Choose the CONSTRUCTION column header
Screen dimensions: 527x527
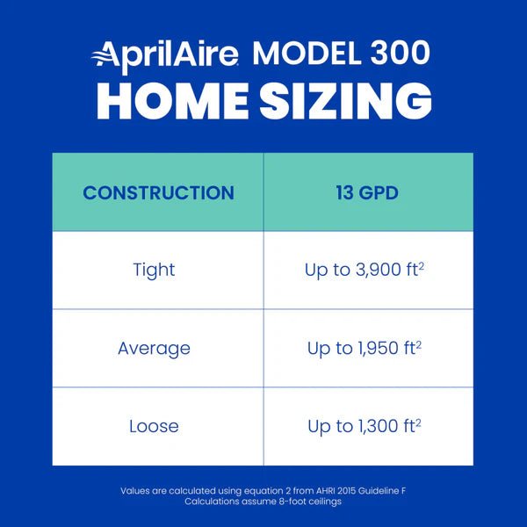(x=158, y=192)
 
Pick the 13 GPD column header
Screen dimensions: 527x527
(x=367, y=192)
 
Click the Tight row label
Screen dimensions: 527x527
(x=154, y=270)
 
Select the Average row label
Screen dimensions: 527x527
(x=154, y=348)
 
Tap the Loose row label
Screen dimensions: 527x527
(x=154, y=426)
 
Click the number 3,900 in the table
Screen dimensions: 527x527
(x=372, y=271)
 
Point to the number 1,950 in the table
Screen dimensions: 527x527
(x=374, y=349)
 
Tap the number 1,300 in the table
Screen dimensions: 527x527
(x=374, y=427)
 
